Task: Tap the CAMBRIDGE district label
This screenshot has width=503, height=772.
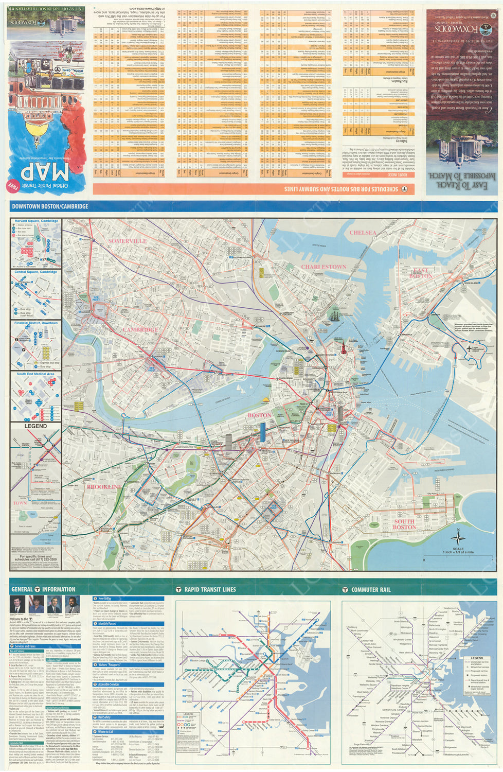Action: pos(140,330)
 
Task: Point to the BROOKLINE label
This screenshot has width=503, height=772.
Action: pos(104,486)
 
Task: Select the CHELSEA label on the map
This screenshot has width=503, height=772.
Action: pos(363,233)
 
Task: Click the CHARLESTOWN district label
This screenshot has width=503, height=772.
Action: pos(324,267)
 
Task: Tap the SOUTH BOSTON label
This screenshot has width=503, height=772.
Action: pos(404,524)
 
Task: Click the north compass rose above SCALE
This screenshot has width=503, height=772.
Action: pos(457,536)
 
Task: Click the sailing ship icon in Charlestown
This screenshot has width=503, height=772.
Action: pos(335,315)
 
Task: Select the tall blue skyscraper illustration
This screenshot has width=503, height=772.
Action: pos(263,431)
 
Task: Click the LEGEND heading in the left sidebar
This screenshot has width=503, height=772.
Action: pos(36,426)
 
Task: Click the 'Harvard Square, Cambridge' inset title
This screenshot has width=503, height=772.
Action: pos(36,221)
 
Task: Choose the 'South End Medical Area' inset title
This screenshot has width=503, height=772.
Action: pos(35,374)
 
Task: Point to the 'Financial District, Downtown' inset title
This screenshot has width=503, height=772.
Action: pos(36,323)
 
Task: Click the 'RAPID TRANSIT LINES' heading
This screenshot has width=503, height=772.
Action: pos(210,590)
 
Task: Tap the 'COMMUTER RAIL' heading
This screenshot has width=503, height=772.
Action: pos(370,590)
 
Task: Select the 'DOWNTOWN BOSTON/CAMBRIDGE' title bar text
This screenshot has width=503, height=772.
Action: pos(50,206)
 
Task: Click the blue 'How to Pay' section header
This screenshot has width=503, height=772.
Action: pos(105,599)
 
